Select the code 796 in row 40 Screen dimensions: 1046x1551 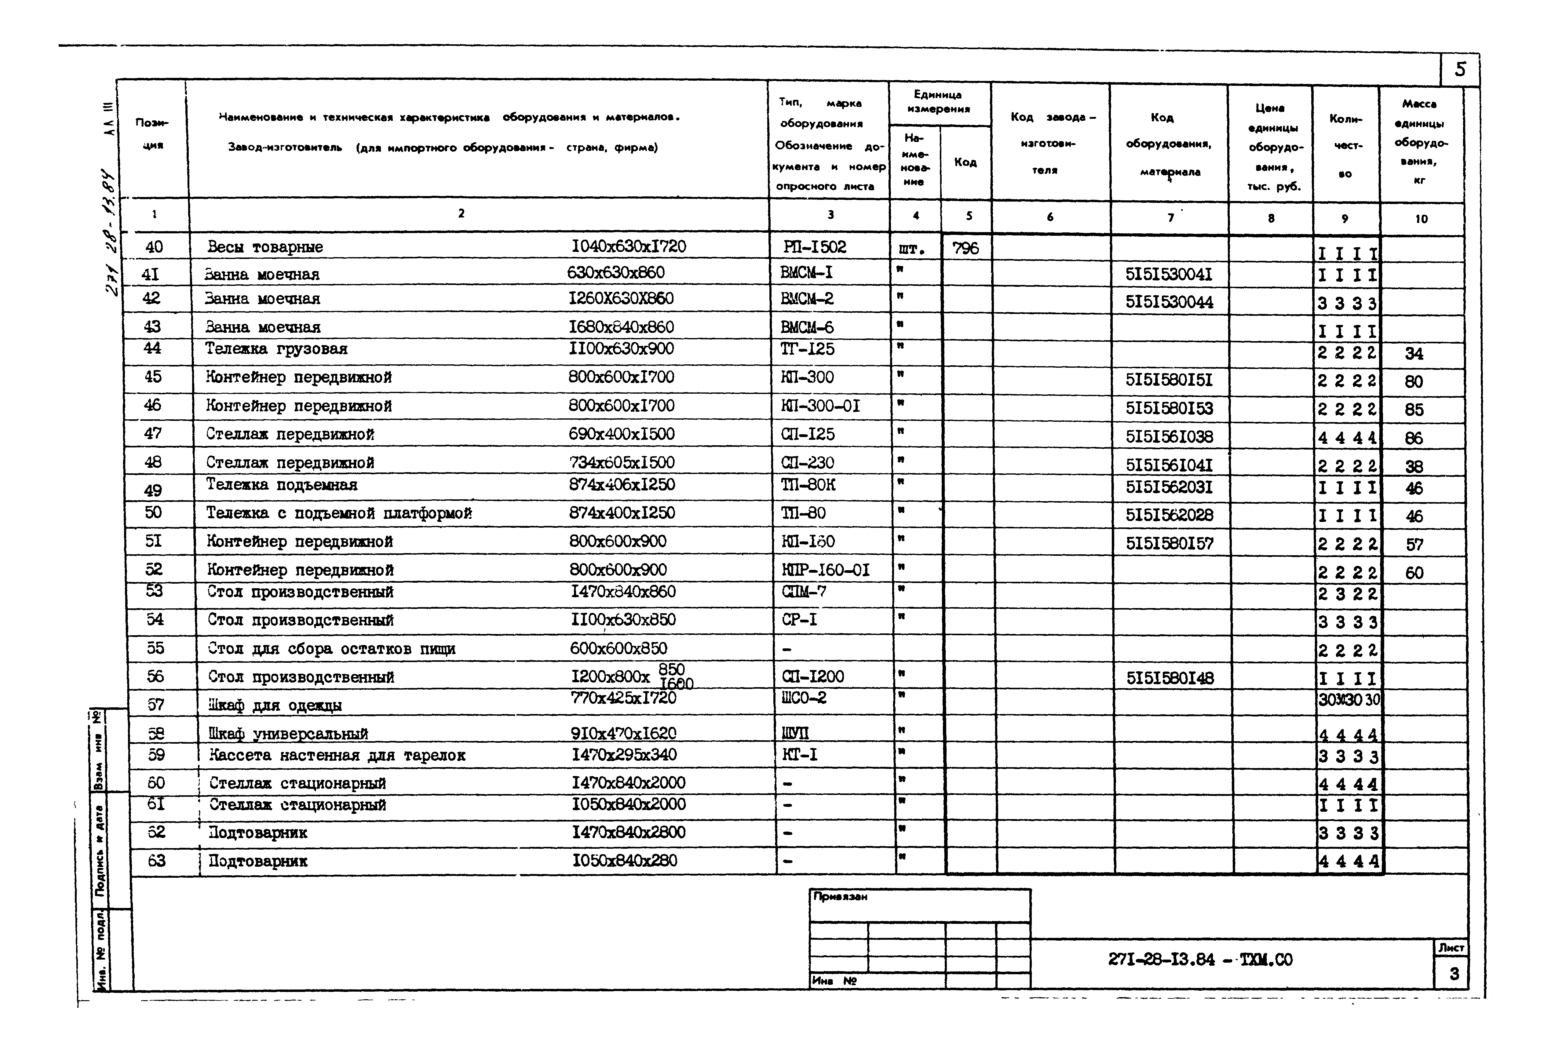965,248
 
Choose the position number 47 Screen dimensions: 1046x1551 153,434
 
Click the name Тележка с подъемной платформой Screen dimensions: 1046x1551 339,513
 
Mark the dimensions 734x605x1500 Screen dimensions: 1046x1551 622,462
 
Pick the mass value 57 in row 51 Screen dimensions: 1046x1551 1414,544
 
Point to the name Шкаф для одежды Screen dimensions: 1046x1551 276,705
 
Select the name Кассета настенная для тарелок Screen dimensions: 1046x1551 337,755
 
